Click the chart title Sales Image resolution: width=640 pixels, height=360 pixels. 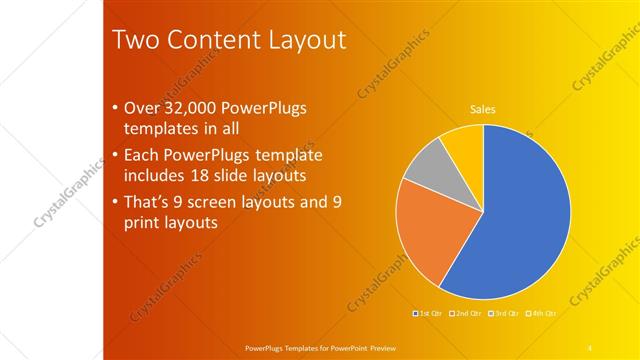(x=483, y=110)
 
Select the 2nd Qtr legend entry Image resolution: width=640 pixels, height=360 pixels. (x=465, y=314)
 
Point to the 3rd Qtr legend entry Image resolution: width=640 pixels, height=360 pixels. (x=502, y=314)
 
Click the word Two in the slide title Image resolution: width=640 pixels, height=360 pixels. (x=134, y=40)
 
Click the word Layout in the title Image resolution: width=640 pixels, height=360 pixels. (x=309, y=40)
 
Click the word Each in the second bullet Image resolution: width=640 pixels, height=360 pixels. (x=141, y=155)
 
